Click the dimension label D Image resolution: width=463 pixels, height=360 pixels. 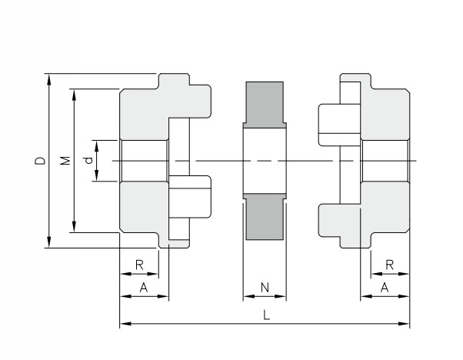click(41, 160)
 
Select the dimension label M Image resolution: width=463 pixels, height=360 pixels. click(65, 161)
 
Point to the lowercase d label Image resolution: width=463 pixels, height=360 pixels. click(88, 160)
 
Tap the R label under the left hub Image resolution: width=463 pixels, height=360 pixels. click(139, 265)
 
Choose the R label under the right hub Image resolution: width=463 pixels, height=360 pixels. click(389, 265)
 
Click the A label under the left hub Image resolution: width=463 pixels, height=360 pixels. click(144, 288)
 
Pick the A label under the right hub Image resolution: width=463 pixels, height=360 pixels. click(385, 288)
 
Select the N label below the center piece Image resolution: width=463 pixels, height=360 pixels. click(265, 288)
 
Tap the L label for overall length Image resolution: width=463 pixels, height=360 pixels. click(266, 315)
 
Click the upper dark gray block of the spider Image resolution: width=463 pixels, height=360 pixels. click(265, 105)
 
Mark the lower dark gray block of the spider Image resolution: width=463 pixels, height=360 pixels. click(265, 217)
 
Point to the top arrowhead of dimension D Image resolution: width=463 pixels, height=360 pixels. click(49, 79)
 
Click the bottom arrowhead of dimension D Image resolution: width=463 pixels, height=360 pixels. click(49, 242)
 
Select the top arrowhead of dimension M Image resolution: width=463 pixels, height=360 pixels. click(74, 94)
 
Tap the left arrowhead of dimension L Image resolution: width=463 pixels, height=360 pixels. click(125, 324)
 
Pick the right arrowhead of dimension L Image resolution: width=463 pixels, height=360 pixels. click(404, 324)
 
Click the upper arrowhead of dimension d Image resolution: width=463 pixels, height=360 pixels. click(96, 145)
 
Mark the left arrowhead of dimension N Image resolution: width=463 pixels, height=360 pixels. click(249, 296)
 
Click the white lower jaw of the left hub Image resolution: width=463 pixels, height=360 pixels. click(189, 197)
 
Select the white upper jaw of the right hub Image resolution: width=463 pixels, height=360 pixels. click(339, 125)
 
